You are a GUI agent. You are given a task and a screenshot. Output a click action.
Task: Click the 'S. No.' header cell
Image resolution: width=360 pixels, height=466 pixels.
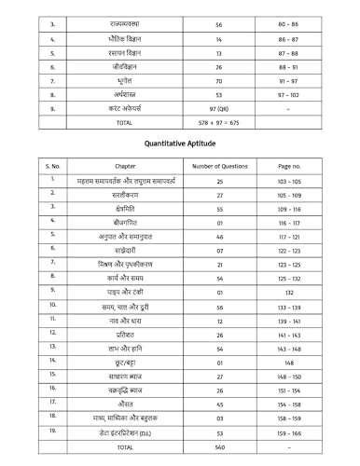[53, 166]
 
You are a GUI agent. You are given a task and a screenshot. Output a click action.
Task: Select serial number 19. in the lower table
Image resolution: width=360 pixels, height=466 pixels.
[53, 431]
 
